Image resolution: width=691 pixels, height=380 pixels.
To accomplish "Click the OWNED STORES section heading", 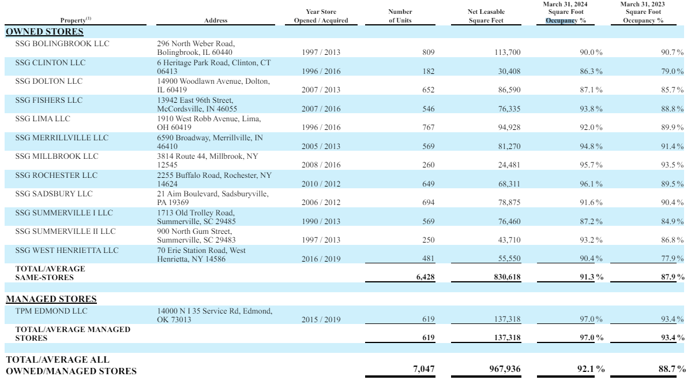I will [44, 31].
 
